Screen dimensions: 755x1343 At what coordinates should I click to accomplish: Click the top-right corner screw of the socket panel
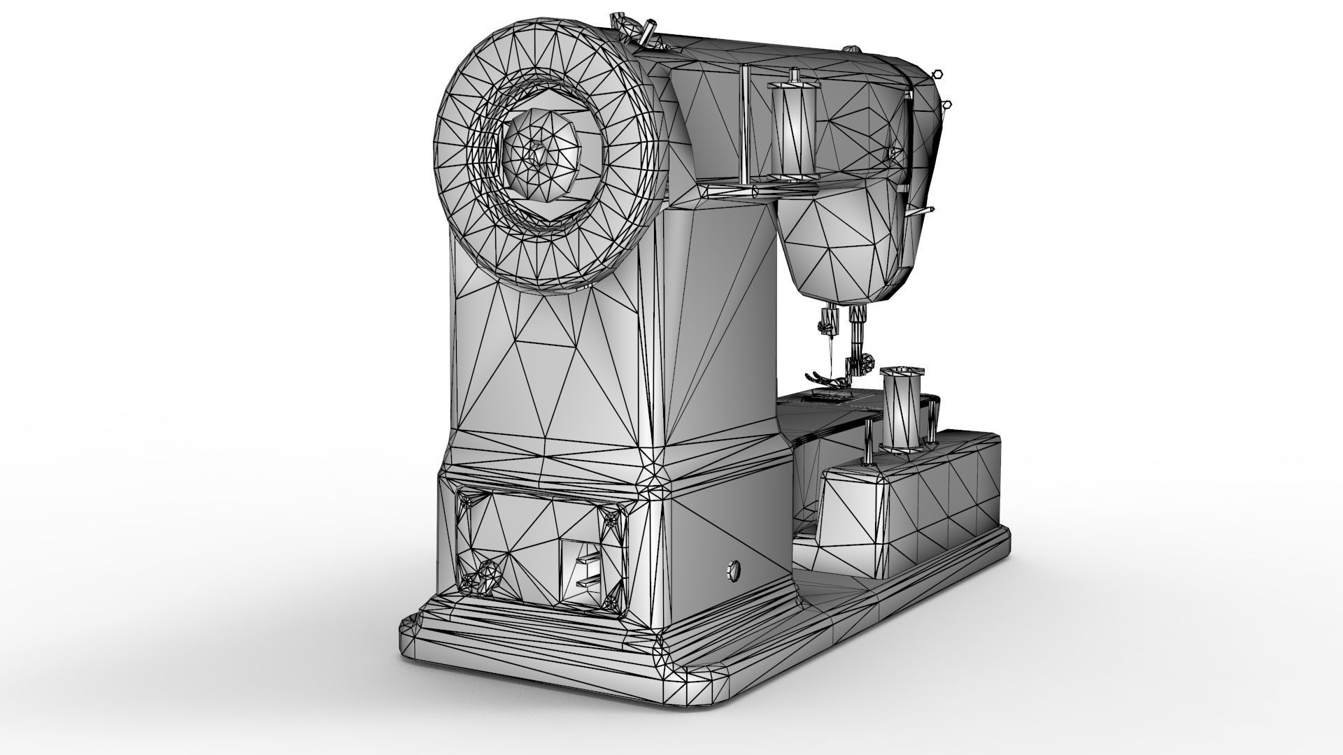coord(613,518)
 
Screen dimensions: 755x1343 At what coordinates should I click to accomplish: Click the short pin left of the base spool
coord(869,440)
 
